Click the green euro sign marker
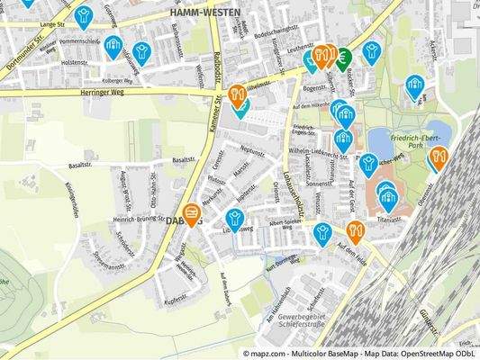[x=344, y=57]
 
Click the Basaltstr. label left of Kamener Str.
[x=80, y=166]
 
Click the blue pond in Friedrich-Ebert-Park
[x=437, y=133]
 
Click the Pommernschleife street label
[x=76, y=41]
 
